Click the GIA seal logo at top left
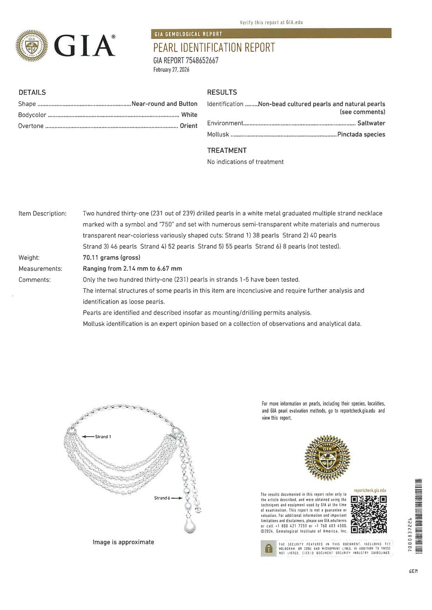(32, 46)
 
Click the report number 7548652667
(202, 60)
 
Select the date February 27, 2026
(171, 70)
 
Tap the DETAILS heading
(32, 93)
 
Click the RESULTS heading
(222, 93)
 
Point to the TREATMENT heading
(227, 151)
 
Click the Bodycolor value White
(189, 115)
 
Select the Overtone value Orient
(189, 126)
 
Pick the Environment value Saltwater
(371, 124)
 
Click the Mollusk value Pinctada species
(361, 135)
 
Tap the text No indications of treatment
(245, 162)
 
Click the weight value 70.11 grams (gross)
(111, 258)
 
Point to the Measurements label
(40, 269)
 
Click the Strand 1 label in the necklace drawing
(103, 437)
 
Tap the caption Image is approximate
(123, 542)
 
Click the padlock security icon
(268, 549)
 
